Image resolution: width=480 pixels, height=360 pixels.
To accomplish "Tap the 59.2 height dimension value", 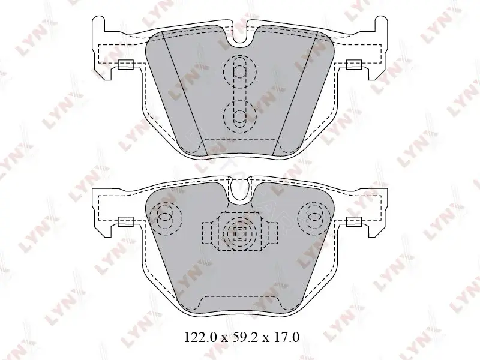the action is tap(242, 337).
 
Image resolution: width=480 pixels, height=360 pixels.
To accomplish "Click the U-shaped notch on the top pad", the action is tap(240, 34).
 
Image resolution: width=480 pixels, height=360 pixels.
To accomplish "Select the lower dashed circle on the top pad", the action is tap(240, 116).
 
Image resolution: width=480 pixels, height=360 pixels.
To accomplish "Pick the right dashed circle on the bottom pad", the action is tap(314, 218).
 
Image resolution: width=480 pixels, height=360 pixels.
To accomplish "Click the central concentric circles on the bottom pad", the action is tap(239, 233).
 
